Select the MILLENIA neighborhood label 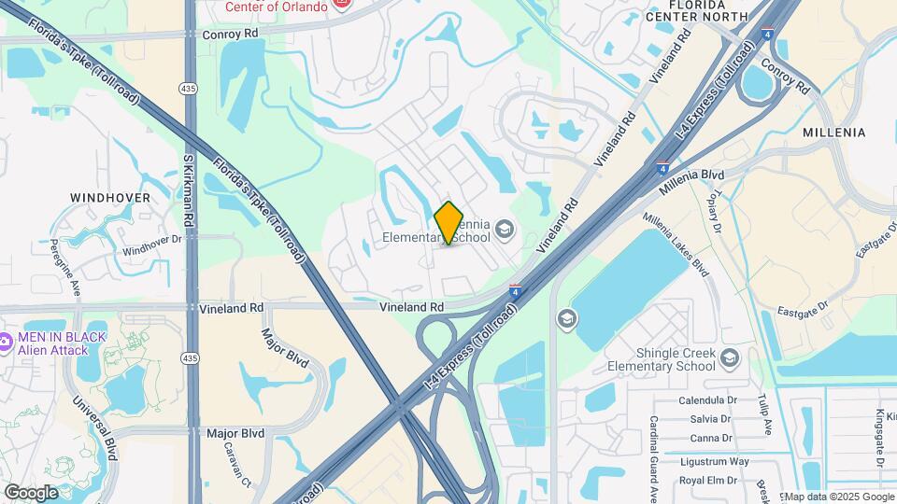click(833, 133)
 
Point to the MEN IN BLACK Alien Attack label click(60, 343)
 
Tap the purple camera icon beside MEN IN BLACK click(5, 343)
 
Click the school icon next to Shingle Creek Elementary click(730, 356)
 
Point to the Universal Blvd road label click(97, 429)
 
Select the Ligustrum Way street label click(714, 461)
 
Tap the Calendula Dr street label click(713, 400)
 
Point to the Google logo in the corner click(31, 492)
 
